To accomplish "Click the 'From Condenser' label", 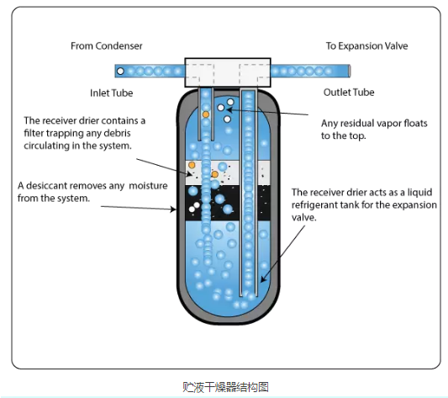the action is click(106, 45).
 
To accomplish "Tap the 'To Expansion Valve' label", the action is click(366, 45).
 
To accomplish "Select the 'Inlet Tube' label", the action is click(112, 93).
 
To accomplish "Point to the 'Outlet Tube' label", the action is click(349, 92).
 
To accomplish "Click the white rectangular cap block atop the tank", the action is click(228, 72).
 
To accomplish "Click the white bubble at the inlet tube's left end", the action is click(120, 71).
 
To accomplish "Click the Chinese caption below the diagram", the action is click(226, 387).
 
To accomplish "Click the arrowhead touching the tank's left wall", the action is click(173, 210).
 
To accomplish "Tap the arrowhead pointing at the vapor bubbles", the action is click(229, 109).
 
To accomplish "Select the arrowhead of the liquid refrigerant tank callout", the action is click(262, 279).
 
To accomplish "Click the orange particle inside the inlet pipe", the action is click(206, 114).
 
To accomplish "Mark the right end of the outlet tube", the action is click(350, 71).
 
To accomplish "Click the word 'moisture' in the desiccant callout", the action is click(148, 186).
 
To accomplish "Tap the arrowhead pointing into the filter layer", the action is click(189, 173).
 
